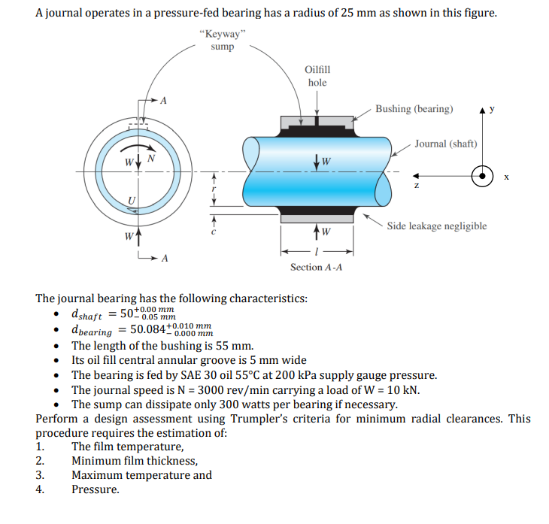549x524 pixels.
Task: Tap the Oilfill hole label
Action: tap(317, 76)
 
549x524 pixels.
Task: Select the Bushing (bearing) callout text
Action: tap(414, 109)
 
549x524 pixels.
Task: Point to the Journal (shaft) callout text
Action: tap(445, 144)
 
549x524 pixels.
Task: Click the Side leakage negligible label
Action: tap(436, 226)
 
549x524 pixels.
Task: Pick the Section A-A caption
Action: tap(316, 267)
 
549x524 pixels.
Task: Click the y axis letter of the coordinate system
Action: tap(492, 109)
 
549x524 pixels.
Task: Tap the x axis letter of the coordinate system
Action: tap(507, 177)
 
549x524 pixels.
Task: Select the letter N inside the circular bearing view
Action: tap(151, 158)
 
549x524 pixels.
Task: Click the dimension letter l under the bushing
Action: tap(317, 253)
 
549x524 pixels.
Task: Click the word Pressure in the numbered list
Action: tap(95, 489)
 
